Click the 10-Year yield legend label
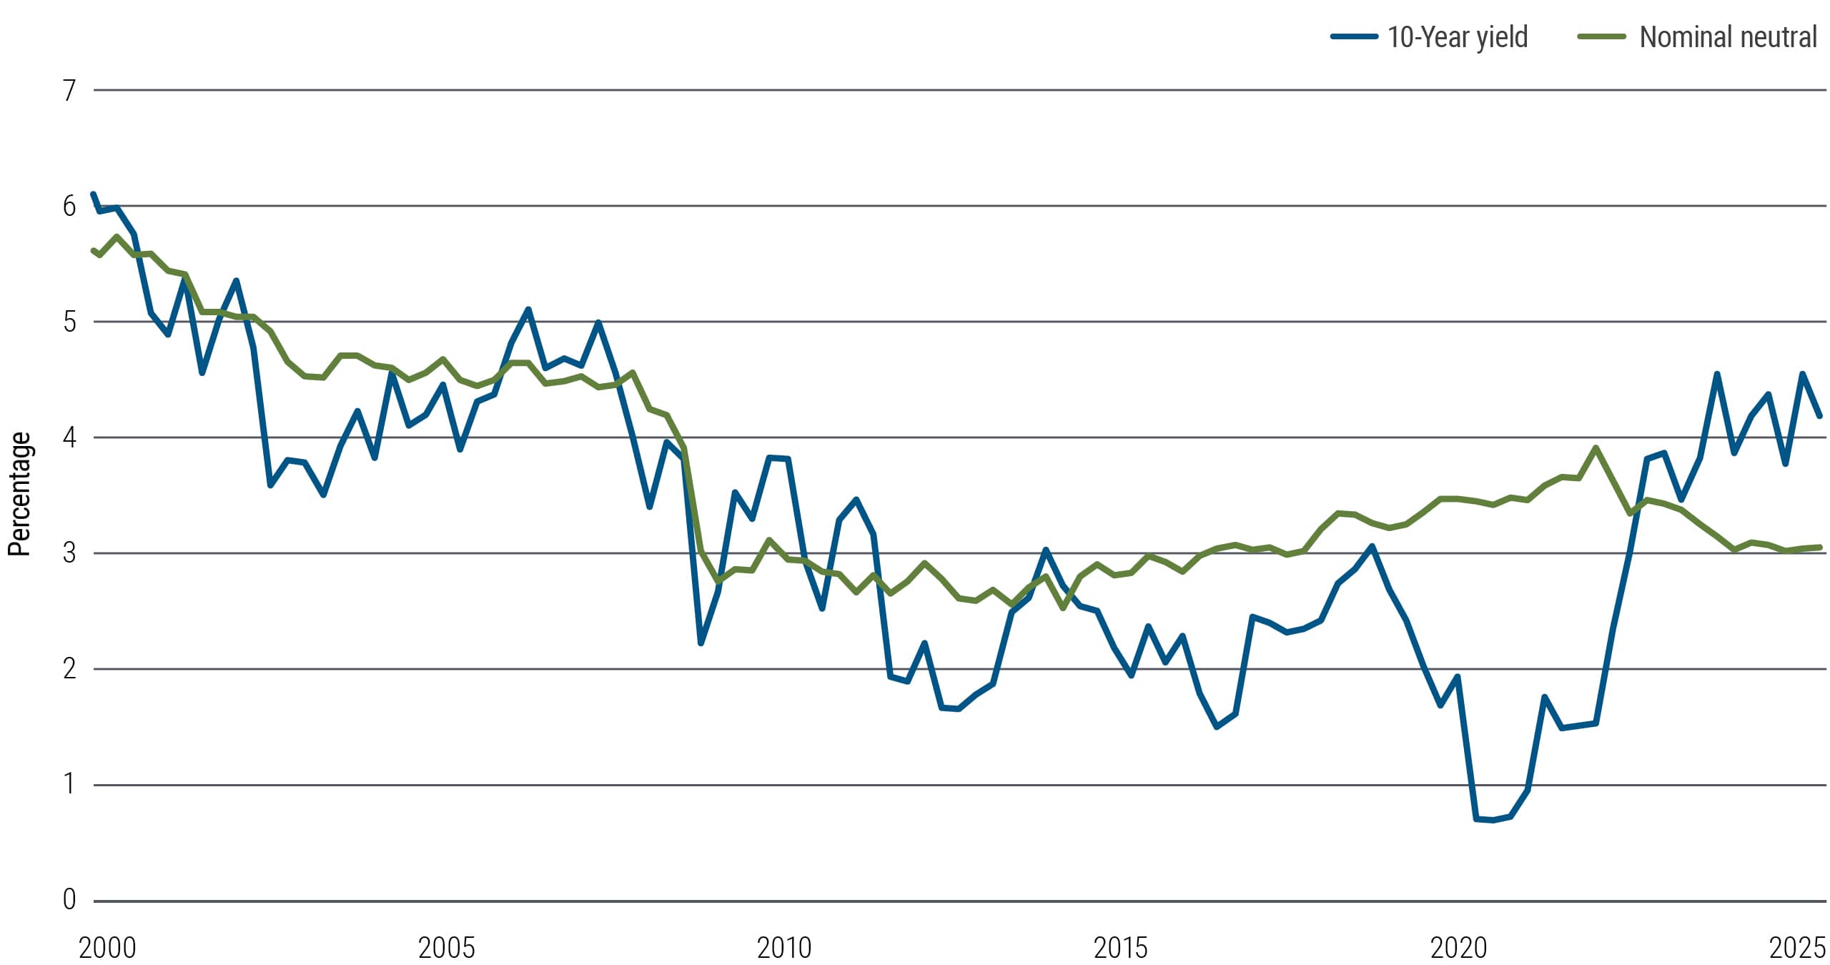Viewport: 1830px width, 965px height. (x=1457, y=37)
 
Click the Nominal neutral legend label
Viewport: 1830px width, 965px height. (x=1727, y=37)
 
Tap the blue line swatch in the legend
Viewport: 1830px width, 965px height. (x=1354, y=36)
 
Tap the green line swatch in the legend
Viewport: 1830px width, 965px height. (x=1601, y=36)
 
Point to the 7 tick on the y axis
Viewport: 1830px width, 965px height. (x=69, y=91)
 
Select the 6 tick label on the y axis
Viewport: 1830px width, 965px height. (x=69, y=207)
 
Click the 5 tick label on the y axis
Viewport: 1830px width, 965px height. (x=69, y=322)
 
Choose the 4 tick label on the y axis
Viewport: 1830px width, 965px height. (x=69, y=437)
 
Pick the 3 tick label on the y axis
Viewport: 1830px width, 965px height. (x=69, y=553)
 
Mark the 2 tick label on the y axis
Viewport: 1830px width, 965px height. (x=69, y=669)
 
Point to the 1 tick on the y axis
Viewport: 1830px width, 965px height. (x=69, y=784)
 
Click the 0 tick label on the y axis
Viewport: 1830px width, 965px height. (x=69, y=899)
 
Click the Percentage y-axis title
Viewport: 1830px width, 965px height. (x=19, y=494)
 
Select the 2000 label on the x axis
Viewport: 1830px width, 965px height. (x=107, y=948)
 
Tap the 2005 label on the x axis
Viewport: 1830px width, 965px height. (x=446, y=948)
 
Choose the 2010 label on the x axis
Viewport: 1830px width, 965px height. (x=784, y=948)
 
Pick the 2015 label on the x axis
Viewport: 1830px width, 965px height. (x=1120, y=948)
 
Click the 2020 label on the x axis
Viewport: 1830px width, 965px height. (x=1458, y=948)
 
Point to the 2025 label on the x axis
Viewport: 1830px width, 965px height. (x=1796, y=948)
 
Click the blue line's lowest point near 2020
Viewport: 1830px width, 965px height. (x=1493, y=820)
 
